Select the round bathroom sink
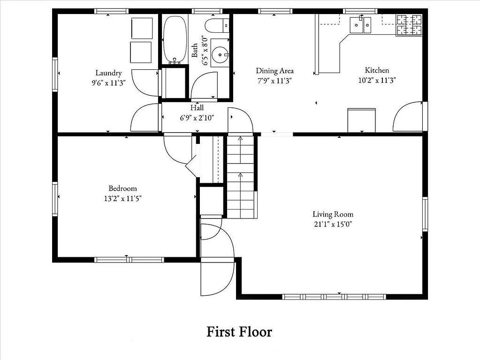[x=219, y=55]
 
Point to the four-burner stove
[x=409, y=25]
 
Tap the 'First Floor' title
[x=239, y=332]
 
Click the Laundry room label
[x=108, y=73]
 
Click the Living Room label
[x=333, y=215]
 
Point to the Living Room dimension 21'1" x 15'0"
[x=333, y=224]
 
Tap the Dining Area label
[x=274, y=71]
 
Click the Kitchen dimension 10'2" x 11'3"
[x=377, y=80]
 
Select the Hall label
[x=197, y=108]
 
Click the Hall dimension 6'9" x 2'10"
[x=197, y=118]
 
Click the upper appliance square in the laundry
[x=142, y=29]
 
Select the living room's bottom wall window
[x=334, y=297]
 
